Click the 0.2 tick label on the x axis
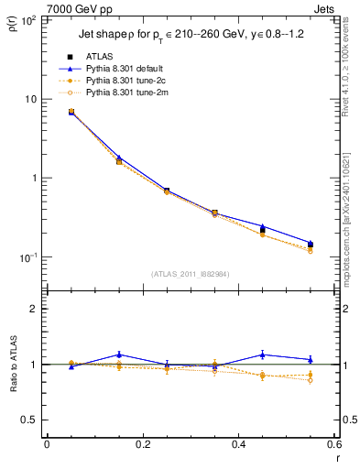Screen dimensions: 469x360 pyautogui.click(x=142, y=445)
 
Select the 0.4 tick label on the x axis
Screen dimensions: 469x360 pyautogui.click(x=238, y=445)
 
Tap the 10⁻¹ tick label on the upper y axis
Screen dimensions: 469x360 pyautogui.click(x=27, y=257)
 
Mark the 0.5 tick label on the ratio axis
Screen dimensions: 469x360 pyautogui.click(x=29, y=420)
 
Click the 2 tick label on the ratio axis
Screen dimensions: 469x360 pyautogui.click(x=34, y=309)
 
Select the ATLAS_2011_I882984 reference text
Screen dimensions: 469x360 pyautogui.click(x=190, y=273)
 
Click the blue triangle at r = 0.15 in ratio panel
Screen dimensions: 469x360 pyautogui.click(x=119, y=354)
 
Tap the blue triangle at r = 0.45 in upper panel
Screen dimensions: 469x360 pyautogui.click(x=263, y=225)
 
